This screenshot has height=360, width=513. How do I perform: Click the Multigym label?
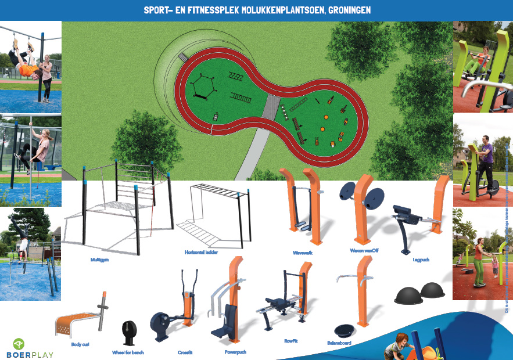pos(99,260)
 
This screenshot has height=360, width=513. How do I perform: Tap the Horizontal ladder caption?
pos(201,253)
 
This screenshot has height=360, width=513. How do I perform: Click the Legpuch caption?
pos(421,260)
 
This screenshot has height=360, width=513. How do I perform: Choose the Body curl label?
pos(80,344)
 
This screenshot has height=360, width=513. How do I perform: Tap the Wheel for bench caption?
pos(128,352)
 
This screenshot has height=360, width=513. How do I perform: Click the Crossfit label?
pos(185,352)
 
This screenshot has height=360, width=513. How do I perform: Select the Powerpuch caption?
pos(235,352)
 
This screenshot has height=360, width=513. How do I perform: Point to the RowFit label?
pos(291,341)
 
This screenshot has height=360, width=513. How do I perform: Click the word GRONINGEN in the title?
pos(345,10)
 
